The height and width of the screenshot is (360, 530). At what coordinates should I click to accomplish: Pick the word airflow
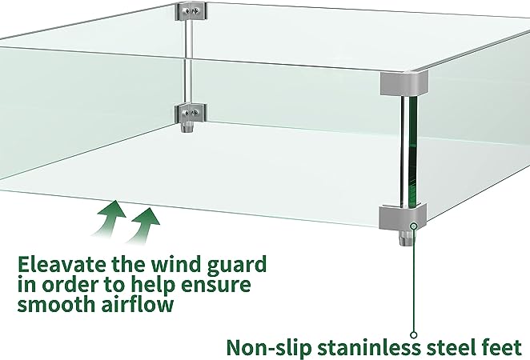pos(137,304)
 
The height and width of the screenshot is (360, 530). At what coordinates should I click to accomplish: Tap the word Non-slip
pos(268,348)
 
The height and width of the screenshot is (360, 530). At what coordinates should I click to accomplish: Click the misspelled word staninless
pos(368,347)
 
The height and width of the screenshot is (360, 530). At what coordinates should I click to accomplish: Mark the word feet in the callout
pos(502,347)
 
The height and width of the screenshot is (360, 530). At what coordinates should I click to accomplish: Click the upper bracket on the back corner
pos(191,11)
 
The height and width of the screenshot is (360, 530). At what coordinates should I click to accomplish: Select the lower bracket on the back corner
pos(191,114)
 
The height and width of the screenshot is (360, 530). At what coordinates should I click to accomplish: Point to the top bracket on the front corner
pos(404,82)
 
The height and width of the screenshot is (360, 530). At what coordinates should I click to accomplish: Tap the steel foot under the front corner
pos(407,238)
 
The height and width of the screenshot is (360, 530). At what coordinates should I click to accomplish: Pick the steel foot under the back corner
pos(187,128)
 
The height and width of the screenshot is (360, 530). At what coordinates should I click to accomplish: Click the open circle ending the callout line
pos(413,335)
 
